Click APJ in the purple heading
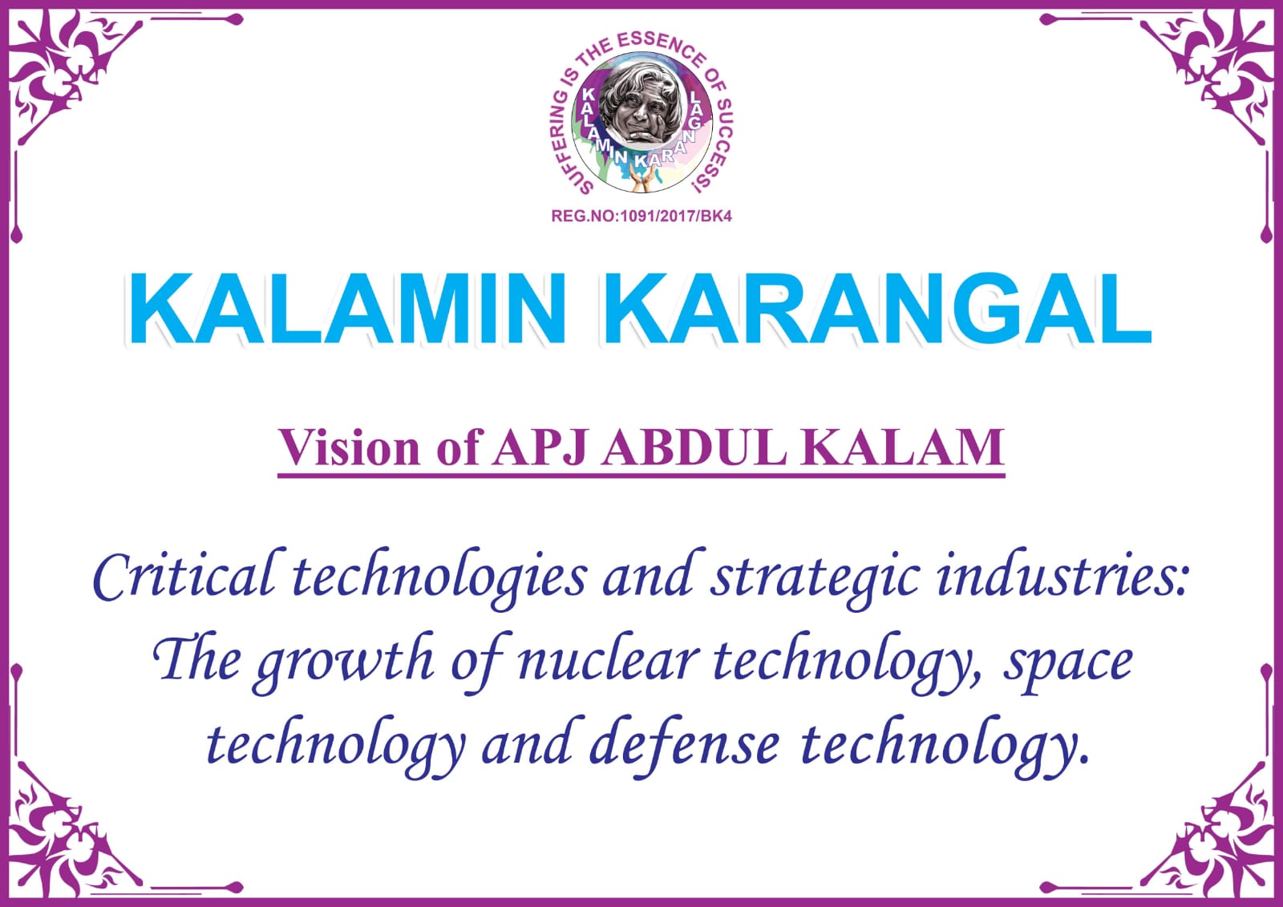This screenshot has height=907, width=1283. click(540, 447)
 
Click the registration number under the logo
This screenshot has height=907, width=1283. click(641, 216)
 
